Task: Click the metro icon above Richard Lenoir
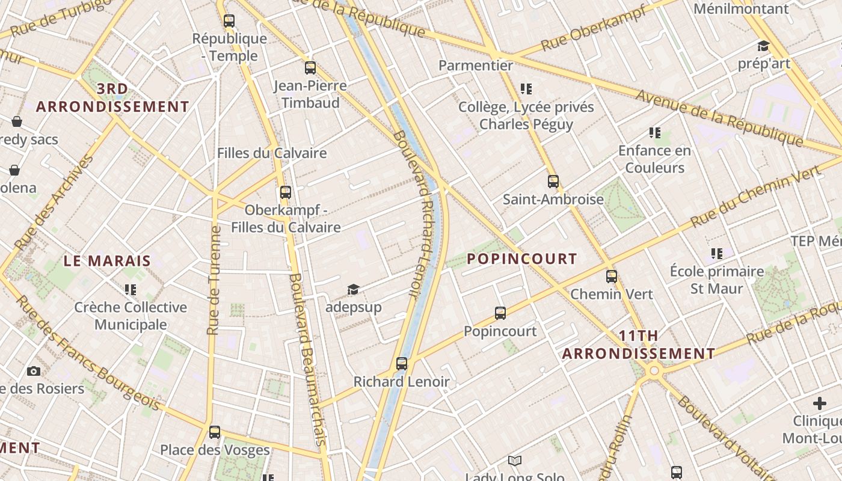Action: pyautogui.click(x=402, y=364)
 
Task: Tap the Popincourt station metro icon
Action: pyautogui.click(x=500, y=313)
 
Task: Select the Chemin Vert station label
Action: pyautogui.click(x=611, y=294)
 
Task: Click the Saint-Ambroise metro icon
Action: pyautogui.click(x=553, y=181)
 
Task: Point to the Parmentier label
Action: pyautogui.click(x=476, y=65)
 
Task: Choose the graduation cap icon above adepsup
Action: pyautogui.click(x=353, y=290)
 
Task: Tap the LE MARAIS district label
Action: pyautogui.click(x=107, y=261)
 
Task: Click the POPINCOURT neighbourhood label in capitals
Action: pyautogui.click(x=521, y=259)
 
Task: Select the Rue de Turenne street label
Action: pyautogui.click(x=214, y=280)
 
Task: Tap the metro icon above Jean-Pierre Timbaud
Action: pyautogui.click(x=310, y=68)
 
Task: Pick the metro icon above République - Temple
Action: pyautogui.click(x=229, y=21)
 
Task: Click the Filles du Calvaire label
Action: pyautogui.click(x=272, y=153)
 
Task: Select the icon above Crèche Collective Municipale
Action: pyautogui.click(x=131, y=290)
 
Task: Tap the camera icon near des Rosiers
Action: pyautogui.click(x=34, y=371)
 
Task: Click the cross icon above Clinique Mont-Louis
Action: pyautogui.click(x=820, y=403)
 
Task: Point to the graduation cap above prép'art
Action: pyautogui.click(x=763, y=46)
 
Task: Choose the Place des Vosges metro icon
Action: pyautogui.click(x=215, y=432)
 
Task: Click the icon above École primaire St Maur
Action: pyautogui.click(x=717, y=254)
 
